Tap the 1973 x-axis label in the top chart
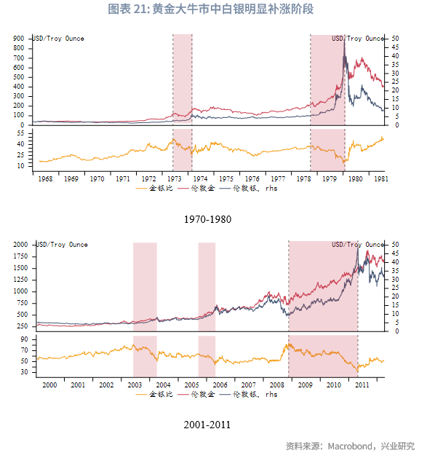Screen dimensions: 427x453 pyautogui.click(x=175, y=179)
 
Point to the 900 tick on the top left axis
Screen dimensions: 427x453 pyautogui.click(x=19, y=39)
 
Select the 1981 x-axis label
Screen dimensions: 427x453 pyautogui.click(x=381, y=179)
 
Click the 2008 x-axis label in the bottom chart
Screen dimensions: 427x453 pyautogui.click(x=276, y=385)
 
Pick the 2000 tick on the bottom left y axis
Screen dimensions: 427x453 pyautogui.click(x=20, y=245)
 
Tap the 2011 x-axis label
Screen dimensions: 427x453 pyautogui.click(x=362, y=385)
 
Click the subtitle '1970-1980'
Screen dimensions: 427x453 pyautogui.click(x=207, y=219)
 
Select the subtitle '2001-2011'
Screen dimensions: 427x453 pyautogui.click(x=207, y=425)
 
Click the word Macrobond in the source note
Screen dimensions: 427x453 pyautogui.click(x=350, y=446)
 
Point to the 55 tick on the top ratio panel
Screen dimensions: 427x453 pyautogui.click(x=20, y=133)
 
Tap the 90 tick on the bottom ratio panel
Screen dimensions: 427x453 pyautogui.click(x=24, y=339)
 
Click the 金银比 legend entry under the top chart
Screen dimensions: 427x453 pyautogui.click(x=154, y=189)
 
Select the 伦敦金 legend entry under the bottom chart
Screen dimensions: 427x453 pyautogui.click(x=196, y=394)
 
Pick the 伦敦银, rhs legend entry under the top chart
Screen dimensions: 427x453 pyautogui.click(x=248, y=189)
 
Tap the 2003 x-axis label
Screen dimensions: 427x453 pyautogui.click(x=135, y=385)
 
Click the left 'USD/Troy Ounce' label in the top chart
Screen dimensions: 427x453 pyautogui.click(x=58, y=39)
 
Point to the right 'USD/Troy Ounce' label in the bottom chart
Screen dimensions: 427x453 pyautogui.click(x=358, y=245)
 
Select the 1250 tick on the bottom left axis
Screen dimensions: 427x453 pyautogui.click(x=20, y=280)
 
